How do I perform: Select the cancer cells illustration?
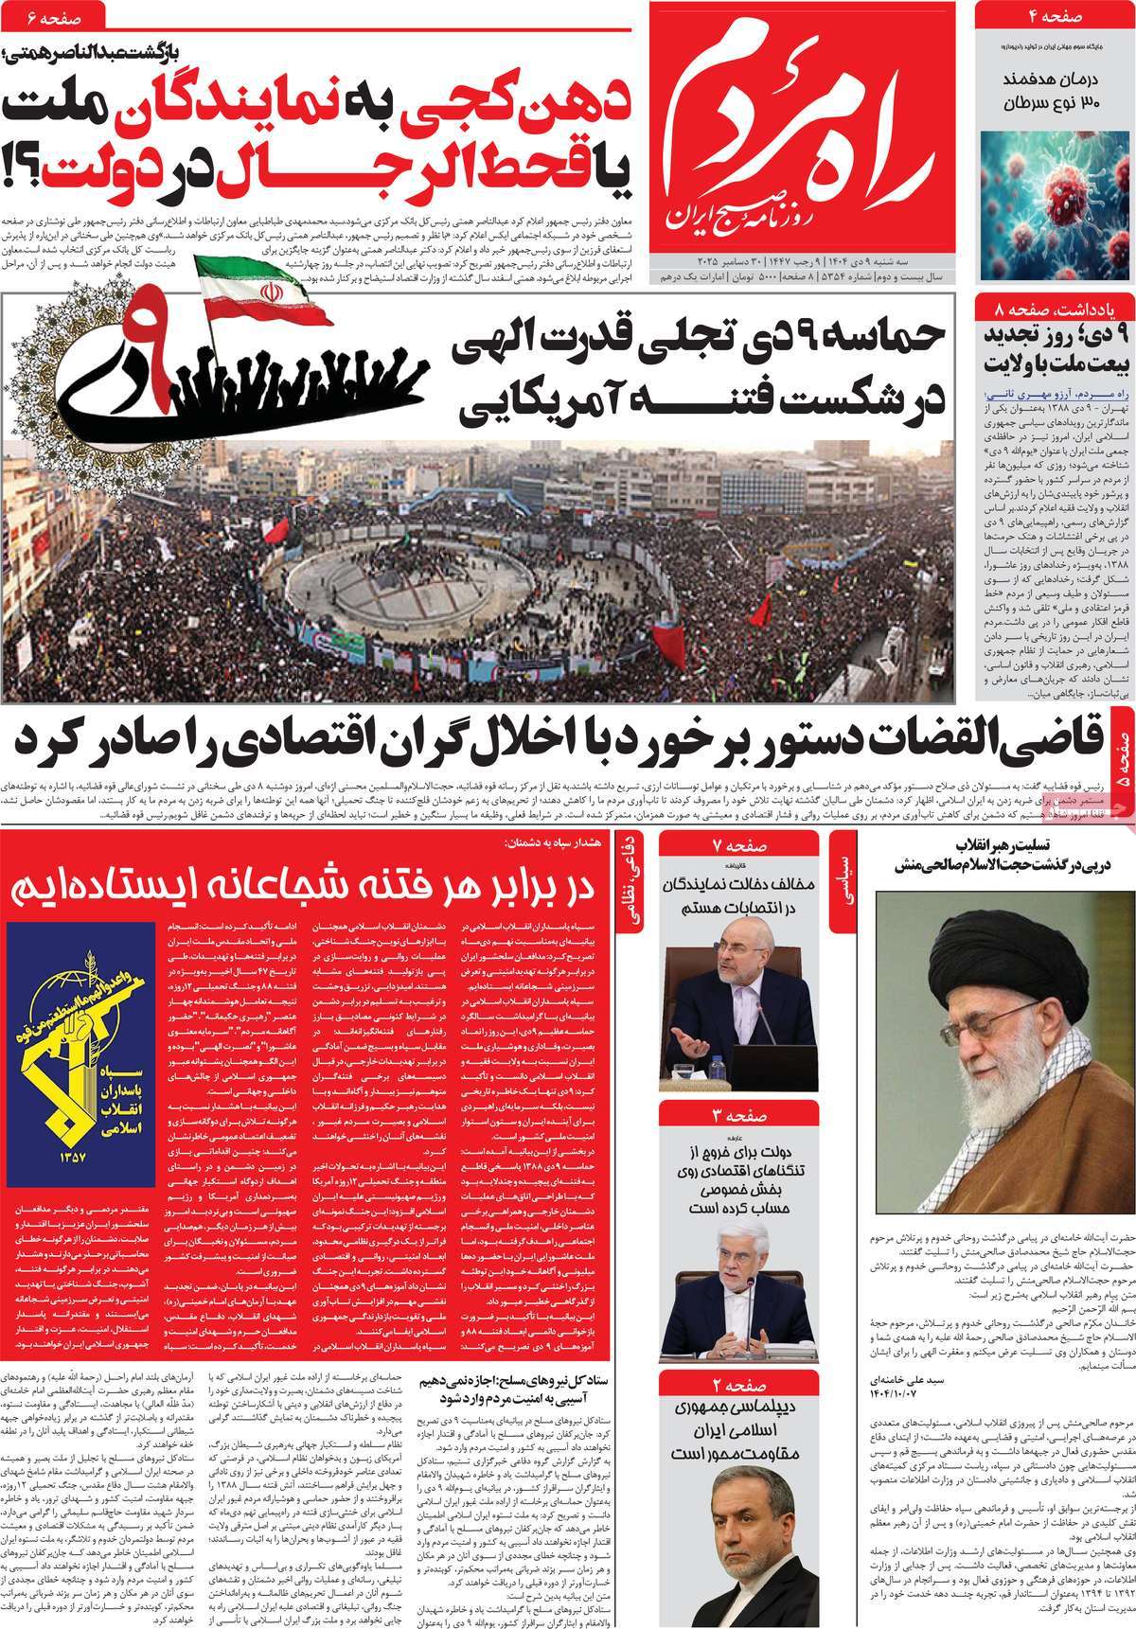click(1055, 204)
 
